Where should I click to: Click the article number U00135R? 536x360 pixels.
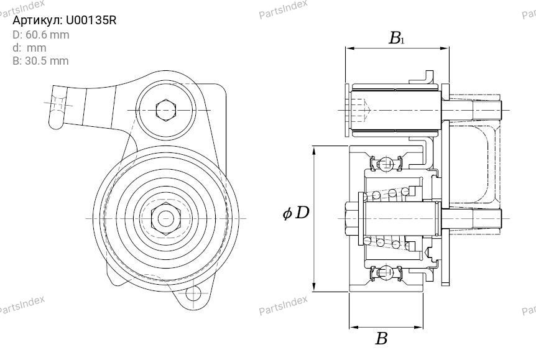pyautogui.click(x=91, y=21)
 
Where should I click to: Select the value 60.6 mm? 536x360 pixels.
pyautogui.click(x=47, y=35)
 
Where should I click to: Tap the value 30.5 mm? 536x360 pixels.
pyautogui.click(x=47, y=61)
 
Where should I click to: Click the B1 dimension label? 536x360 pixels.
pyautogui.click(x=397, y=38)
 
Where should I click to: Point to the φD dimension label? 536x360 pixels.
pyautogui.click(x=296, y=213)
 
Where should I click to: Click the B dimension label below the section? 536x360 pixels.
pyautogui.click(x=382, y=338)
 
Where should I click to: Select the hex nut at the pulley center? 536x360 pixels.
pyautogui.click(x=166, y=218)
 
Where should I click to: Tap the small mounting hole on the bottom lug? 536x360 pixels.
pyautogui.click(x=193, y=293)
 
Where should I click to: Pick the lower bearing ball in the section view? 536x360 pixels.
pyautogui.click(x=386, y=272)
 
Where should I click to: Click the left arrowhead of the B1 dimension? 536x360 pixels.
pyautogui.click(x=349, y=48)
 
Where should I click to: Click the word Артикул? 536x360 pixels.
pyautogui.click(x=37, y=21)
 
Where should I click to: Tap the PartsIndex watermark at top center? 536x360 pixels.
pyautogui.click(x=283, y=9)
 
